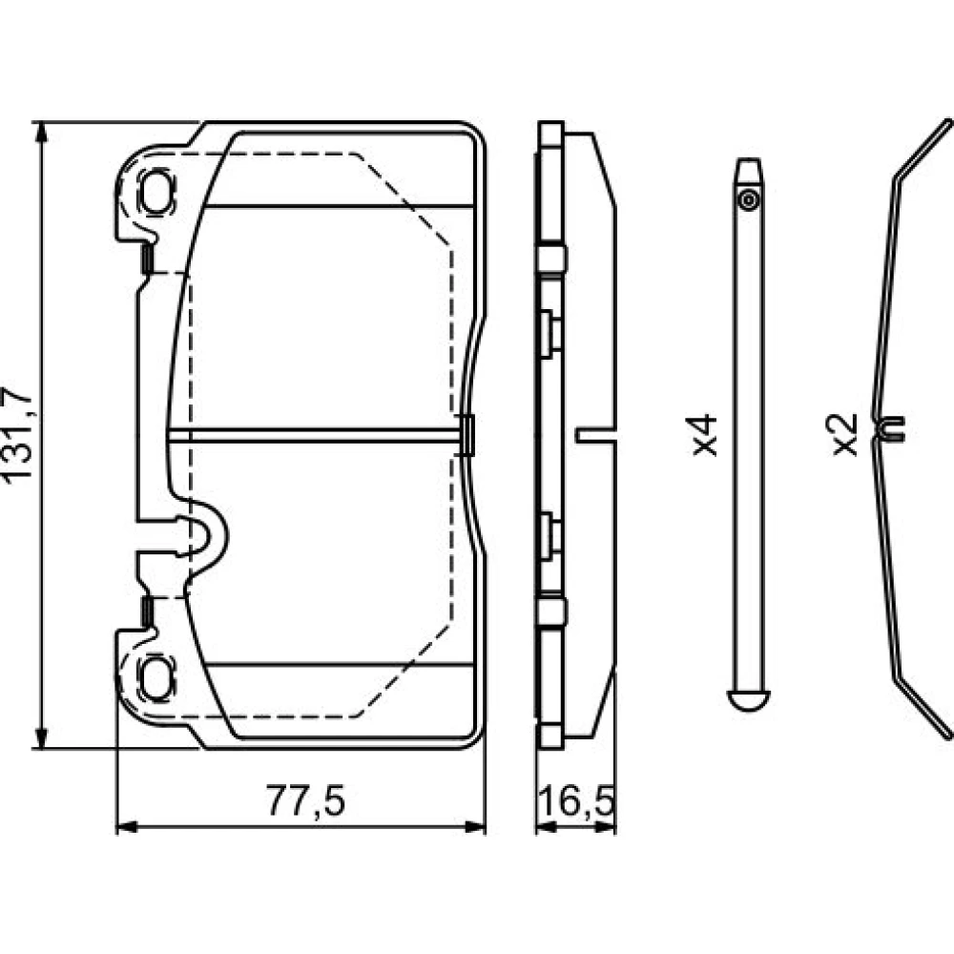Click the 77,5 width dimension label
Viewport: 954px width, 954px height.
pyautogui.click(x=305, y=800)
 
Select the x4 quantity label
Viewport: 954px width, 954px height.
pyautogui.click(x=705, y=435)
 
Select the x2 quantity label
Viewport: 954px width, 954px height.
pyautogui.click(x=845, y=435)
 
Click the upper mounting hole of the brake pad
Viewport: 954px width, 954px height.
pyautogui.click(x=156, y=191)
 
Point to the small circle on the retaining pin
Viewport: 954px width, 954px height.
pyautogui.click(x=748, y=200)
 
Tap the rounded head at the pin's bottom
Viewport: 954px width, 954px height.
pyautogui.click(x=748, y=700)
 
